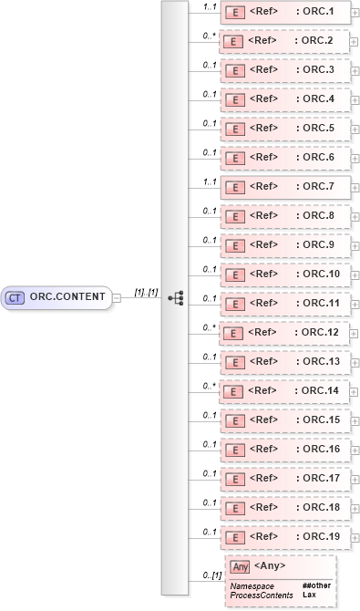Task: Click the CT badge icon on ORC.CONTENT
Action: [x=15, y=297]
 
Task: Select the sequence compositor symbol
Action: [x=177, y=298]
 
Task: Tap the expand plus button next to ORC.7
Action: [x=354, y=187]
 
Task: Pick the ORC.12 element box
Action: [x=283, y=333]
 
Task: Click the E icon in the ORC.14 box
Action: [x=232, y=391]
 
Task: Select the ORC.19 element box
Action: [x=283, y=537]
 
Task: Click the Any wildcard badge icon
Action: [x=240, y=567]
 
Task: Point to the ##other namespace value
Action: [x=316, y=585]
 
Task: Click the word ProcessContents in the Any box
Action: [x=262, y=595]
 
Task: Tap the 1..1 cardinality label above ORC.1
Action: [x=209, y=6]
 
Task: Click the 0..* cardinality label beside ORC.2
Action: [x=209, y=36]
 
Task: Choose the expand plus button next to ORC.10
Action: [x=354, y=274]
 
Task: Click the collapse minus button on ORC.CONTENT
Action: [x=117, y=297]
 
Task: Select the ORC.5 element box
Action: [x=283, y=129]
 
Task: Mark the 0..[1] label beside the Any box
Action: [x=211, y=575]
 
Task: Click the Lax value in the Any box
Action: [x=309, y=595]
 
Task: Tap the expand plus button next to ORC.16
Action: [x=354, y=450]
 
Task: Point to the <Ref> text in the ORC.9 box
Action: [x=262, y=245]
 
